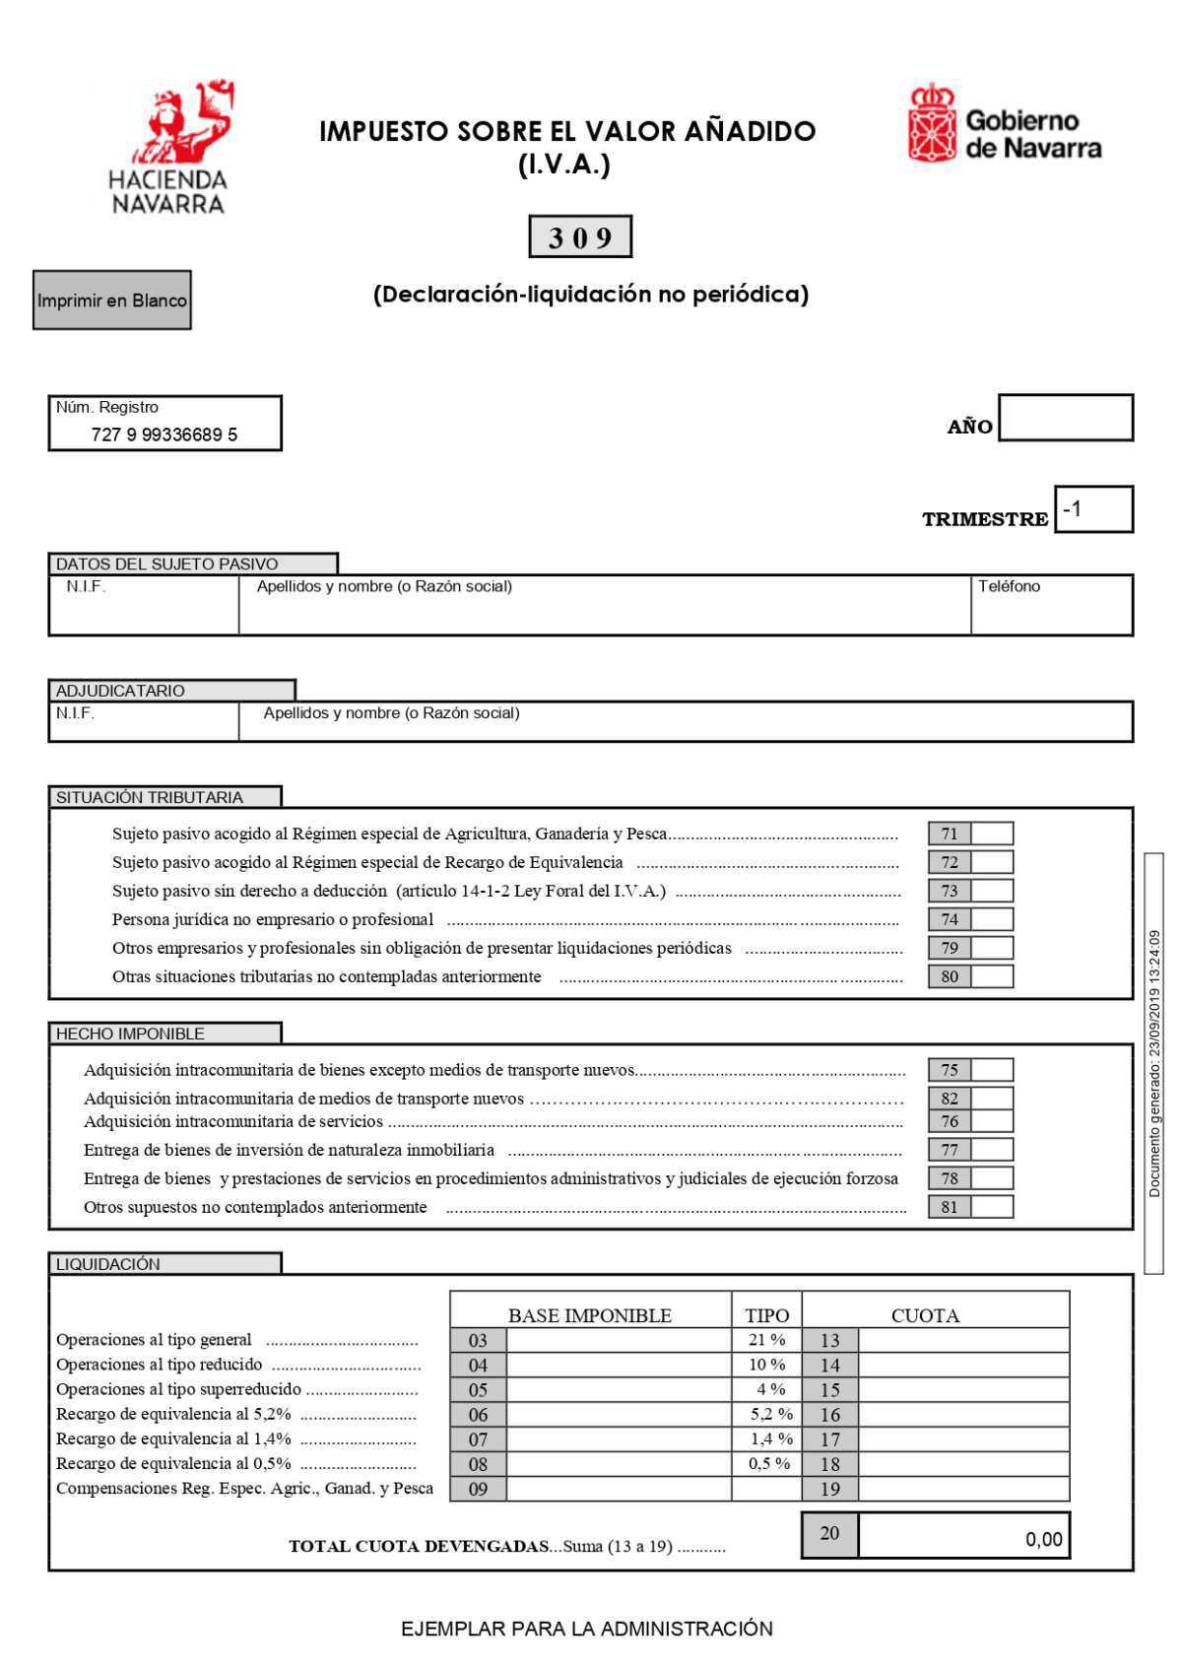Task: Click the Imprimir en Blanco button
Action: [x=111, y=301]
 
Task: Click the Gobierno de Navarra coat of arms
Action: [x=932, y=123]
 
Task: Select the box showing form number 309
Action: [x=579, y=237]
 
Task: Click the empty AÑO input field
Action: [x=1065, y=418]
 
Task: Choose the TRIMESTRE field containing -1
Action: [x=1092, y=509]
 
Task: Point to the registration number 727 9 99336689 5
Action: [x=164, y=435]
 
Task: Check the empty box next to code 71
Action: [x=992, y=834]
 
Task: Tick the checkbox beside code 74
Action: [x=992, y=919]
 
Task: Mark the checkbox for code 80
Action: [x=992, y=976]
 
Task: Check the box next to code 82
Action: [x=992, y=1098]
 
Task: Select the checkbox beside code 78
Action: [x=992, y=1178]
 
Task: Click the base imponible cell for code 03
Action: [x=618, y=1340]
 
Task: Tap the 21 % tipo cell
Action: [x=766, y=1340]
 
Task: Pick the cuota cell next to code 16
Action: [x=962, y=1415]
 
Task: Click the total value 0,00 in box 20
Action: [x=1043, y=1539]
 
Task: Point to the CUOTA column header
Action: [x=925, y=1315]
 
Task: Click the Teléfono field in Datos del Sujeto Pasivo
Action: [x=1051, y=606]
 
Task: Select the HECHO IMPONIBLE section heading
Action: [x=131, y=1034]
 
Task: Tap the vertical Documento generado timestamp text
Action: [x=1154, y=1063]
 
